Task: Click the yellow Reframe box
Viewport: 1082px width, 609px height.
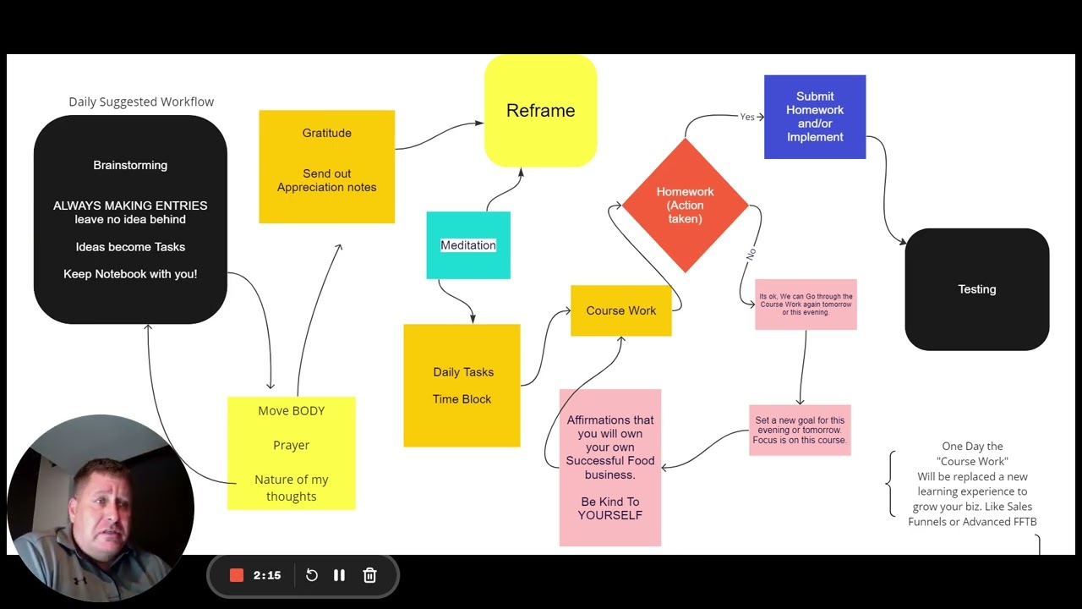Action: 540,111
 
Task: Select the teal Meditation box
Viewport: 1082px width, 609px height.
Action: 468,245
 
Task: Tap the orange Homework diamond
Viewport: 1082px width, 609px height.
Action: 685,206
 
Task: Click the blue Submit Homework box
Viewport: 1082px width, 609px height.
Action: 815,117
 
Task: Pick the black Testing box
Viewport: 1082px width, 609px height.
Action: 976,289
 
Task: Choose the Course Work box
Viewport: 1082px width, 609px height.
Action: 620,310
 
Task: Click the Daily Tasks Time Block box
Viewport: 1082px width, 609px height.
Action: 462,386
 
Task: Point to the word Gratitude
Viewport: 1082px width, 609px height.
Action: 326,133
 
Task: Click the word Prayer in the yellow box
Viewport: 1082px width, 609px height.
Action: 291,445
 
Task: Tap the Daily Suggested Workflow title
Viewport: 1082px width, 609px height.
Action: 141,102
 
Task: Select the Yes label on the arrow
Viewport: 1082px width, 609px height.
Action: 746,117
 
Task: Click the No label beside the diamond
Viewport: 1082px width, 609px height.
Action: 751,255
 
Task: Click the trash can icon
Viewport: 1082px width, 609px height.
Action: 369,575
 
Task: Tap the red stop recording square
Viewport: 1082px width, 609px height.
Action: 236,575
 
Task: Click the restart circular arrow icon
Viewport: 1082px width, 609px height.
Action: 312,575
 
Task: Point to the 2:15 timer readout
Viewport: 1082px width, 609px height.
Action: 267,575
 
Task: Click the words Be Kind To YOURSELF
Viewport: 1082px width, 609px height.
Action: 610,508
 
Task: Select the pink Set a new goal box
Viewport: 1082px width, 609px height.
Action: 800,431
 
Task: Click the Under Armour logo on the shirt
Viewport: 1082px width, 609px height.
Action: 80,580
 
